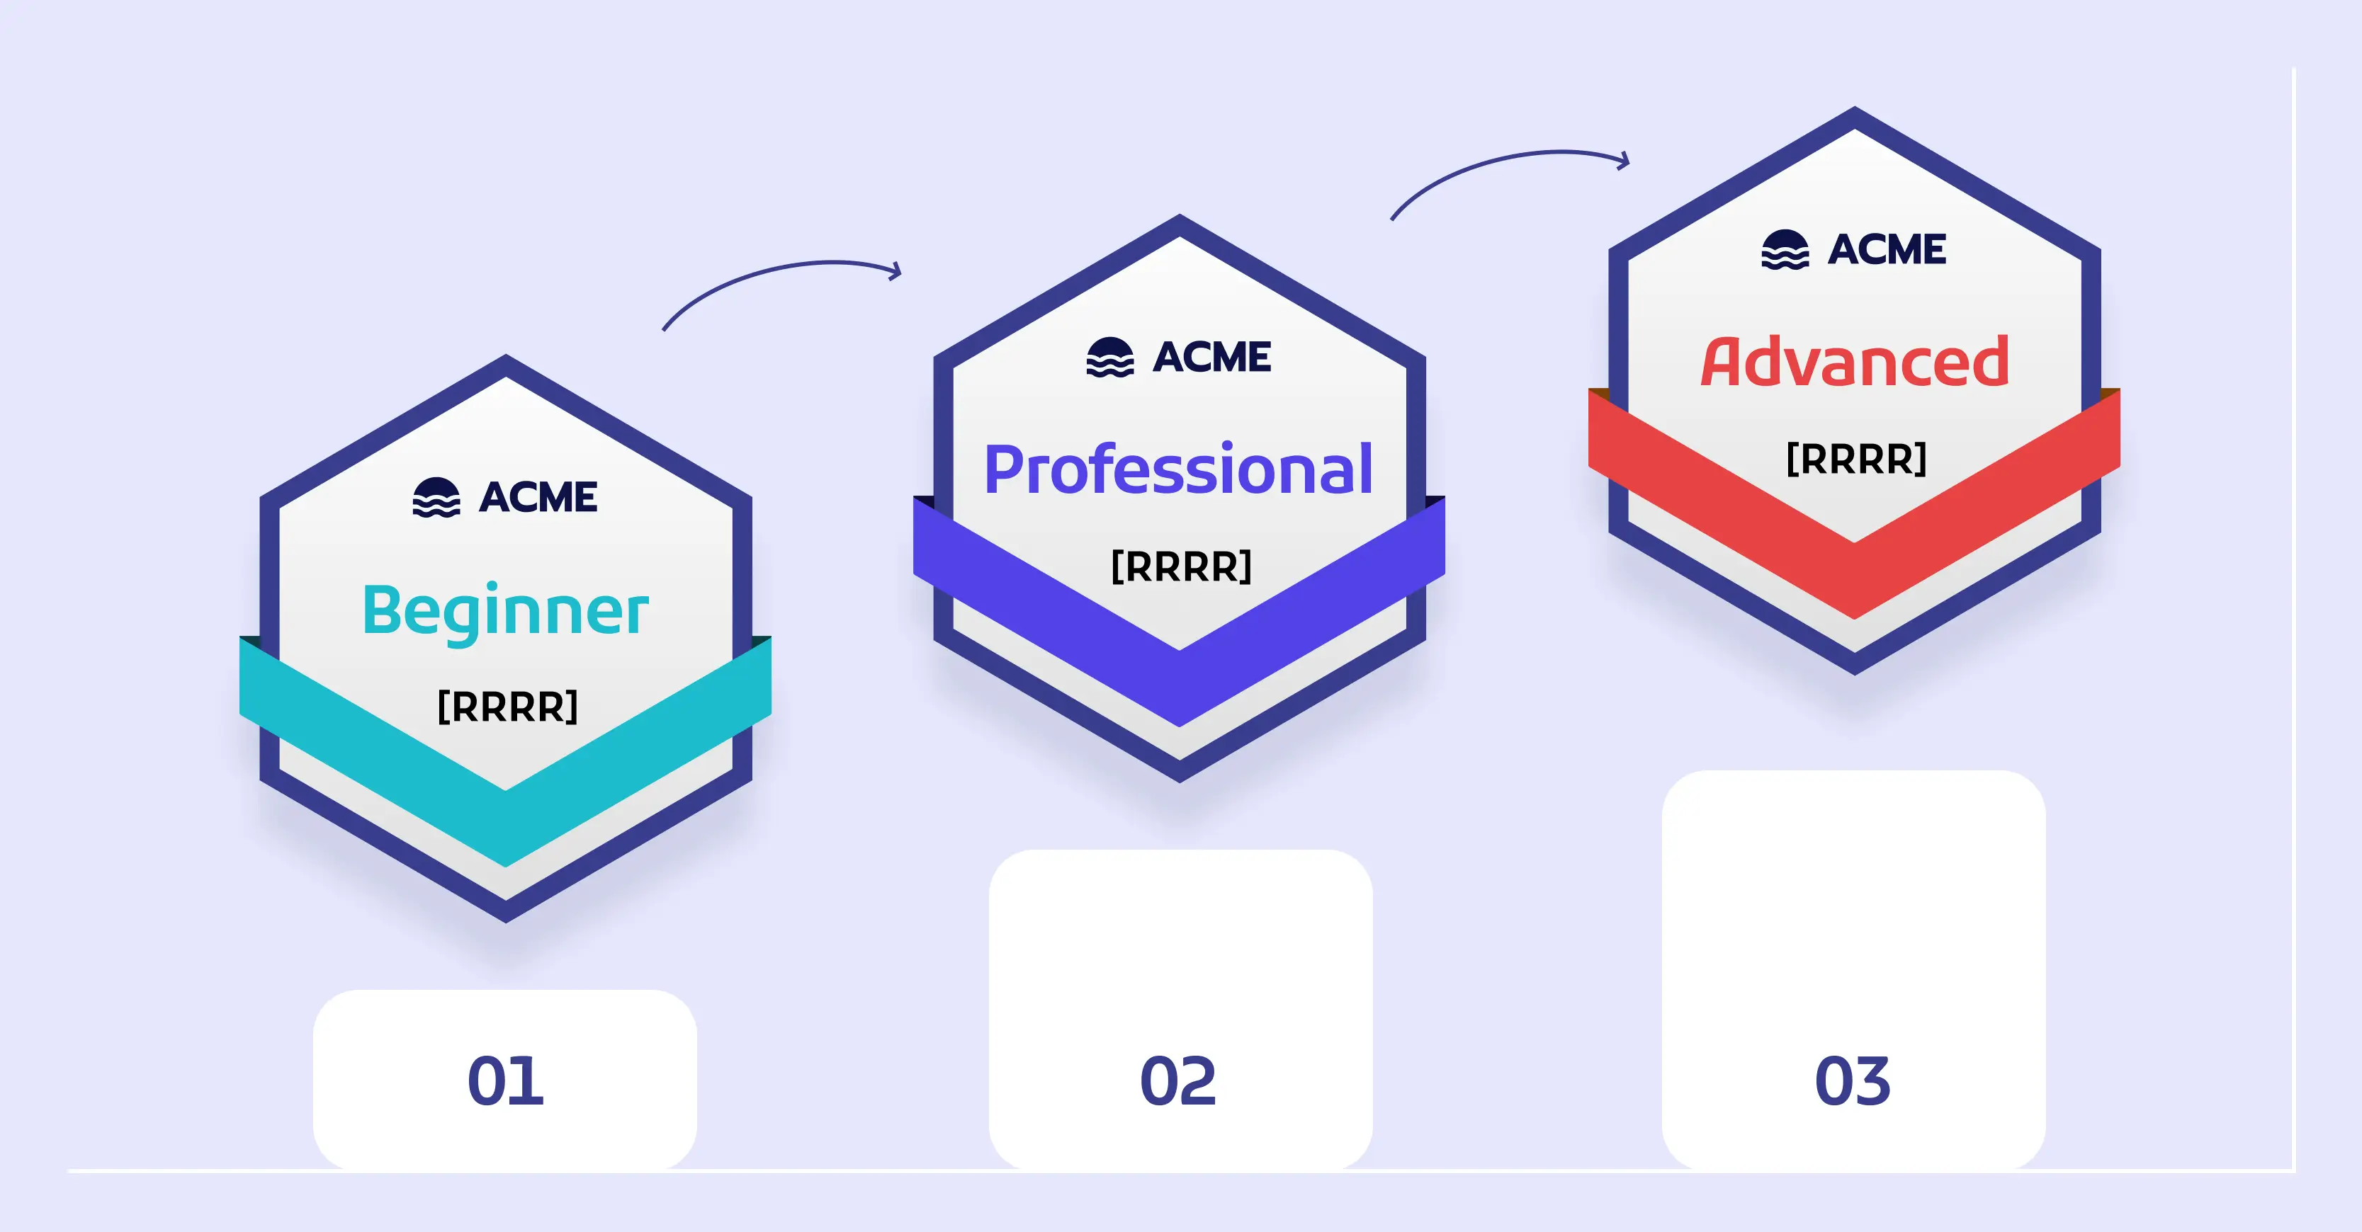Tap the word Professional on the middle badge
pyautogui.click(x=1179, y=469)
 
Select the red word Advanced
pyautogui.click(x=1855, y=361)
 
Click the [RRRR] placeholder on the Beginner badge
pyautogui.click(x=507, y=707)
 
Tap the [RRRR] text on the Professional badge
pyautogui.click(x=1181, y=566)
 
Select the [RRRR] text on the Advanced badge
pyautogui.click(x=1857, y=458)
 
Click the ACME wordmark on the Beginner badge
pyautogui.click(x=538, y=498)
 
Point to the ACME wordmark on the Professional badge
pyautogui.click(x=1212, y=358)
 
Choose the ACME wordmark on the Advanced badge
pyautogui.click(x=1887, y=249)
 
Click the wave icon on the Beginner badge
pyautogui.click(x=436, y=498)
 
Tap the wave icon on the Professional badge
pyautogui.click(x=1110, y=358)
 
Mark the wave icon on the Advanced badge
pyautogui.click(x=1785, y=249)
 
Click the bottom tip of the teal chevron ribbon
pyautogui.click(x=505, y=866)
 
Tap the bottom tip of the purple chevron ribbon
pyautogui.click(x=1179, y=726)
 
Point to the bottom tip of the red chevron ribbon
pyautogui.click(x=1854, y=619)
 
